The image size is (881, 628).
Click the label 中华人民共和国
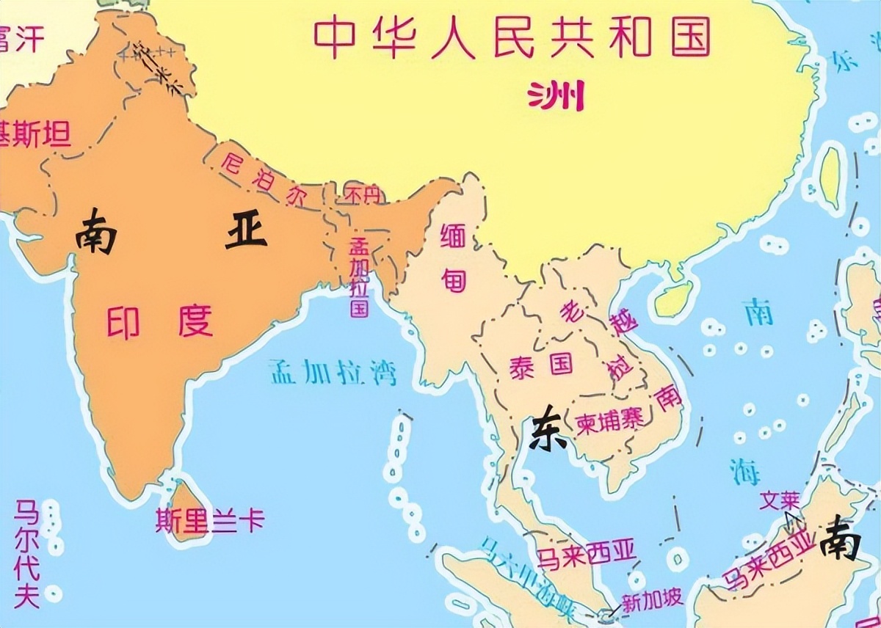tap(512, 37)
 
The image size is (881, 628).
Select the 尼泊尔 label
tap(256, 178)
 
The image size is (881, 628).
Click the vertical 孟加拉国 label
tap(359, 277)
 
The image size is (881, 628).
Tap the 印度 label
tap(159, 321)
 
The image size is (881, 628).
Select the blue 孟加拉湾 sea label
tap(332, 372)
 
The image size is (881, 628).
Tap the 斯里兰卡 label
tap(209, 521)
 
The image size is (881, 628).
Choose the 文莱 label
tap(778, 500)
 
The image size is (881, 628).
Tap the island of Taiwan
tap(832, 176)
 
